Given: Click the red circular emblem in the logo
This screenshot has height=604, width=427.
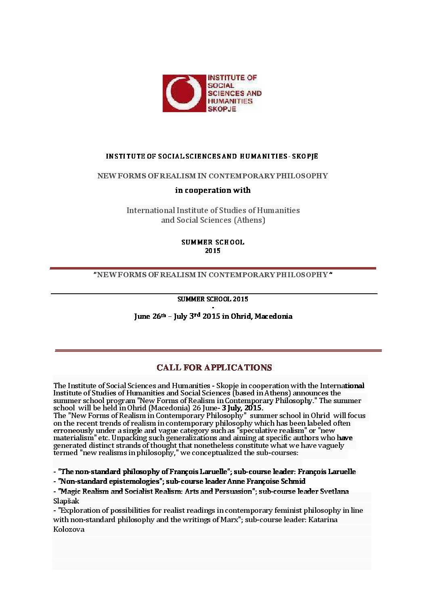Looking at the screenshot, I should coord(184,93).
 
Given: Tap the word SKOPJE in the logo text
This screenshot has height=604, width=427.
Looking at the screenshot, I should coord(222,109).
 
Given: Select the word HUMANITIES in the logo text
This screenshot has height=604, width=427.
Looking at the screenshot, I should coord(230,101).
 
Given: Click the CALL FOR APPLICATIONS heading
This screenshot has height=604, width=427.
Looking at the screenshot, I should coord(214,368).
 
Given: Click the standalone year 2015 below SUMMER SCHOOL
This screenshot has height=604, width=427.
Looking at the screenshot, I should coord(213,251).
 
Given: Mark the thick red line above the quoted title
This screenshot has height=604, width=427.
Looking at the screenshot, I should coord(213,268).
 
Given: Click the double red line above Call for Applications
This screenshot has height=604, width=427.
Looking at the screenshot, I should coord(218,351).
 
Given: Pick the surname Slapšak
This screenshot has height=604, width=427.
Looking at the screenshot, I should coord(66,501).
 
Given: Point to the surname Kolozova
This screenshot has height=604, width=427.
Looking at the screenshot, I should coord(69,529).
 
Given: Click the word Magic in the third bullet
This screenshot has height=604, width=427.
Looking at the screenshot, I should coord(70,491).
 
